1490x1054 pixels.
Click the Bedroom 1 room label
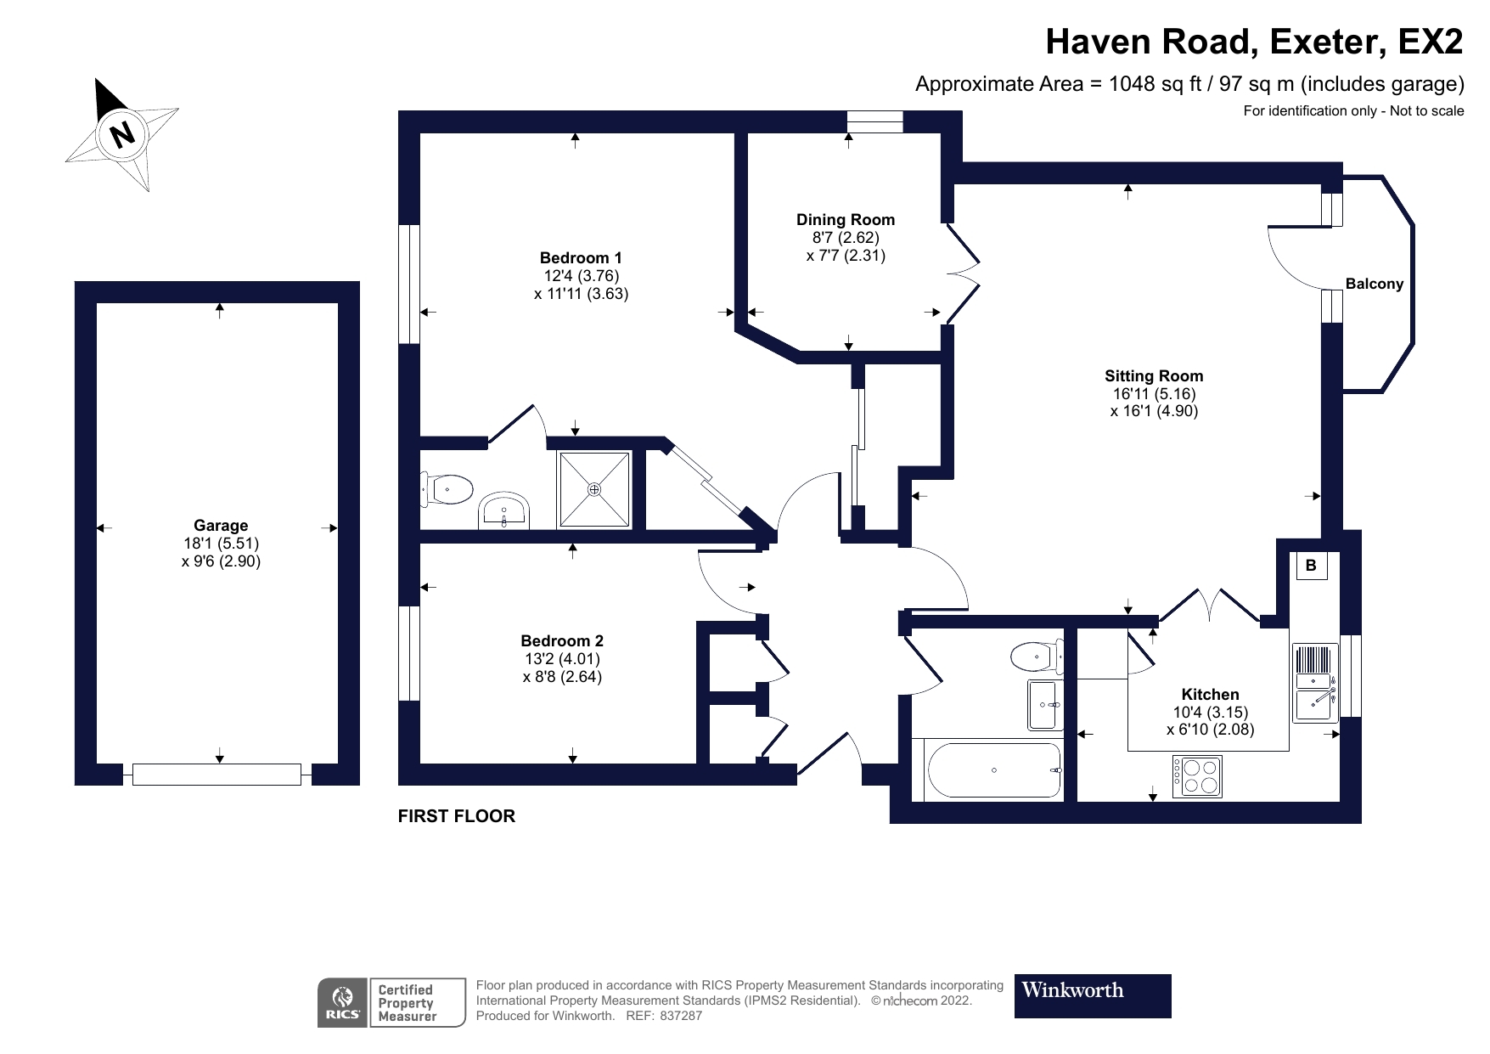click(581, 257)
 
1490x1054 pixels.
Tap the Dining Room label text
click(845, 219)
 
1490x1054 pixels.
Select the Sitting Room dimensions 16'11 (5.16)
click(1154, 394)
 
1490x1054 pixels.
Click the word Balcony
click(1374, 284)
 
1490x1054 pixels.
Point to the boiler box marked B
click(1310, 566)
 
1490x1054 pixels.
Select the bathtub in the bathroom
click(993, 771)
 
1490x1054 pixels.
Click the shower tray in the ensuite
click(594, 489)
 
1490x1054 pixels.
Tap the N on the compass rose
click(124, 133)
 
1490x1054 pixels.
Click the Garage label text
click(221, 526)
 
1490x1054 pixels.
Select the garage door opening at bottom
click(216, 774)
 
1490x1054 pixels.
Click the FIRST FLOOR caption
click(457, 816)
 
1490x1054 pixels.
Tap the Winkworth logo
click(1092, 995)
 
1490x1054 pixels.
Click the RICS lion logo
click(343, 1002)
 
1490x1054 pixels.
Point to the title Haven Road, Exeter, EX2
click(1254, 42)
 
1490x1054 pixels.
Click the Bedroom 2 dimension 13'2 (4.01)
click(562, 659)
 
